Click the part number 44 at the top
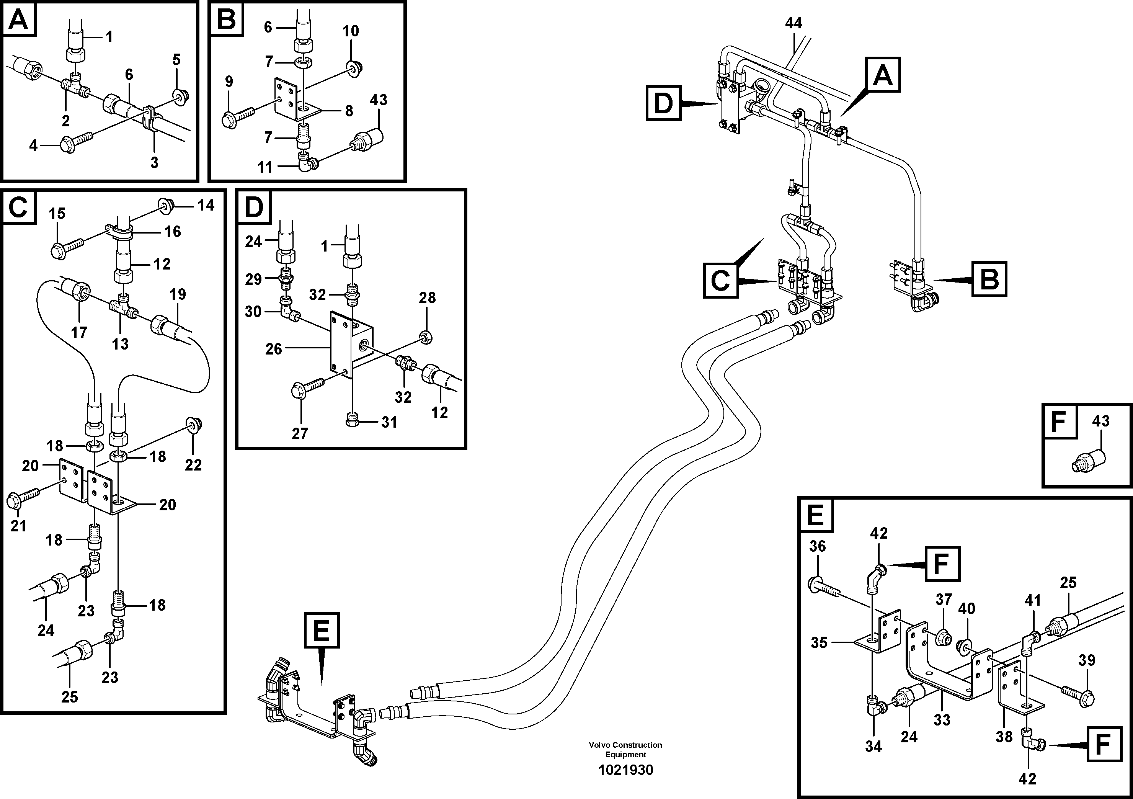[x=793, y=23]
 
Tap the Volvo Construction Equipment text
[x=625, y=749]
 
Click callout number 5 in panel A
[x=176, y=60]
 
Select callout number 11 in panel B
[x=265, y=167]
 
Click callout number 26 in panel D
[x=273, y=349]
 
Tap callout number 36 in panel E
[x=817, y=546]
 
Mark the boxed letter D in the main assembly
[x=663, y=103]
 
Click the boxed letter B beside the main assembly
[x=989, y=279]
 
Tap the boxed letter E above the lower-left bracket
[x=322, y=630]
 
